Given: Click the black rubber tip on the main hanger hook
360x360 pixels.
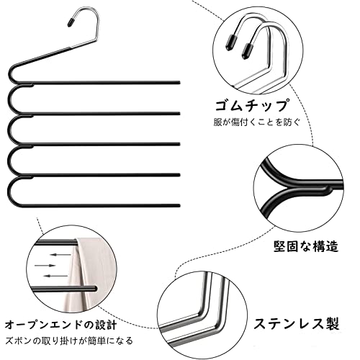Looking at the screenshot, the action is tap(71, 22).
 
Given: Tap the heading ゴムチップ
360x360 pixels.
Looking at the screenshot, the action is tap(251, 106).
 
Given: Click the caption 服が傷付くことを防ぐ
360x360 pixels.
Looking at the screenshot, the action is tap(257, 122).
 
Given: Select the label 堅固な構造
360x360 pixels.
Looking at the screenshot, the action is tap(306, 246).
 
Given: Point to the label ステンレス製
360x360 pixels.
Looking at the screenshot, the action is tap(297, 323).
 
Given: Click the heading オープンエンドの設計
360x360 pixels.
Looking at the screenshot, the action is tap(61, 325).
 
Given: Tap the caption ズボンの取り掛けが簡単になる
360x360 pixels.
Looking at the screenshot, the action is tap(69, 341).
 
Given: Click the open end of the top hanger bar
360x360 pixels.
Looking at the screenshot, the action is tap(179, 83).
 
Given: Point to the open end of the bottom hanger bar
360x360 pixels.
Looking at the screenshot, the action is tap(179, 206).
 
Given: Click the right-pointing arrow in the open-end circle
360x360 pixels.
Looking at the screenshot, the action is tap(45, 266).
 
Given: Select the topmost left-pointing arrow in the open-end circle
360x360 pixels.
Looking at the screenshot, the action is tap(61, 254).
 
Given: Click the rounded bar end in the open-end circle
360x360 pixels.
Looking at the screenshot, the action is tap(94, 289).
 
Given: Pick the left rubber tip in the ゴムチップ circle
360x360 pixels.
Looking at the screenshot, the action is tap(230, 42).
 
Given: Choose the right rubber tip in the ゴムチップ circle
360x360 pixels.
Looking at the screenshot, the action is tap(248, 50).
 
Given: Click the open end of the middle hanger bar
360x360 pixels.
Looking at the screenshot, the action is tap(179, 144).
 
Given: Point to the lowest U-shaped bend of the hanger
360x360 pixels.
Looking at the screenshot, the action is tap(9, 192).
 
